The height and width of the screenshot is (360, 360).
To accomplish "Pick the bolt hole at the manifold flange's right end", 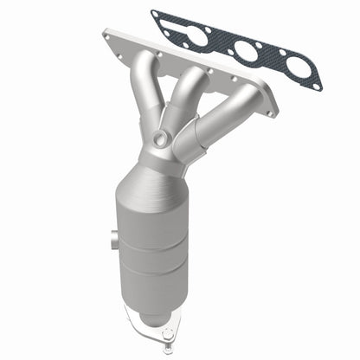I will [x=271, y=110].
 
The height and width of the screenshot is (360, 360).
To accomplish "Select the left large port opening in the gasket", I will [x=197, y=36].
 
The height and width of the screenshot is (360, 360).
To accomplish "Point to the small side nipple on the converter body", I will [x=113, y=238].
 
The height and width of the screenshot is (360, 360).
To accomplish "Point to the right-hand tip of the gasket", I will [x=321, y=87].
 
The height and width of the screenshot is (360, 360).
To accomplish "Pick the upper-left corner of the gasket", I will [x=154, y=13].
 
